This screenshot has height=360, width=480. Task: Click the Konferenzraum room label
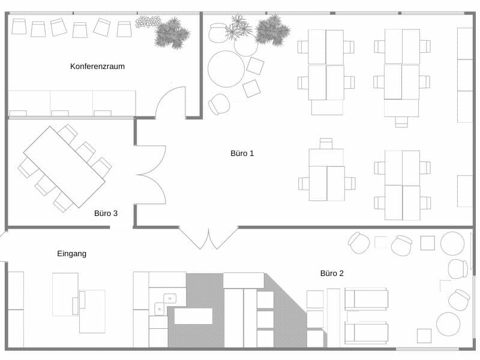point(97,67)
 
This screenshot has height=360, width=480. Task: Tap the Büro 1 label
point(242,154)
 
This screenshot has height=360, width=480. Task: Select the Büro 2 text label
point(332,274)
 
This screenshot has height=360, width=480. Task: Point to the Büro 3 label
point(106,214)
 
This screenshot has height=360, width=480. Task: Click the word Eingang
point(72,254)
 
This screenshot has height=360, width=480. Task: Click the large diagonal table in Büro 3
point(64,167)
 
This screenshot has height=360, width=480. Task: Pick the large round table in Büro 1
point(226,69)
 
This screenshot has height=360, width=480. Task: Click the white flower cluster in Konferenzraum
point(148,22)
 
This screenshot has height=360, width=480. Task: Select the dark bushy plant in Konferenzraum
point(172,33)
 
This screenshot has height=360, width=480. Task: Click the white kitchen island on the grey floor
point(193,316)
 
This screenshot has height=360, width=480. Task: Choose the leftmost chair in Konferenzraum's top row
point(19,26)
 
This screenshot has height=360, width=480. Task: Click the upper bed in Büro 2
point(367,299)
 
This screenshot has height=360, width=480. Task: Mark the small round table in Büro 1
point(246,44)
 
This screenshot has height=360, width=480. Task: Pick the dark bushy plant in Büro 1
point(272,31)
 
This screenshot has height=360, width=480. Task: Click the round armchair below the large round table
point(219,104)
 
